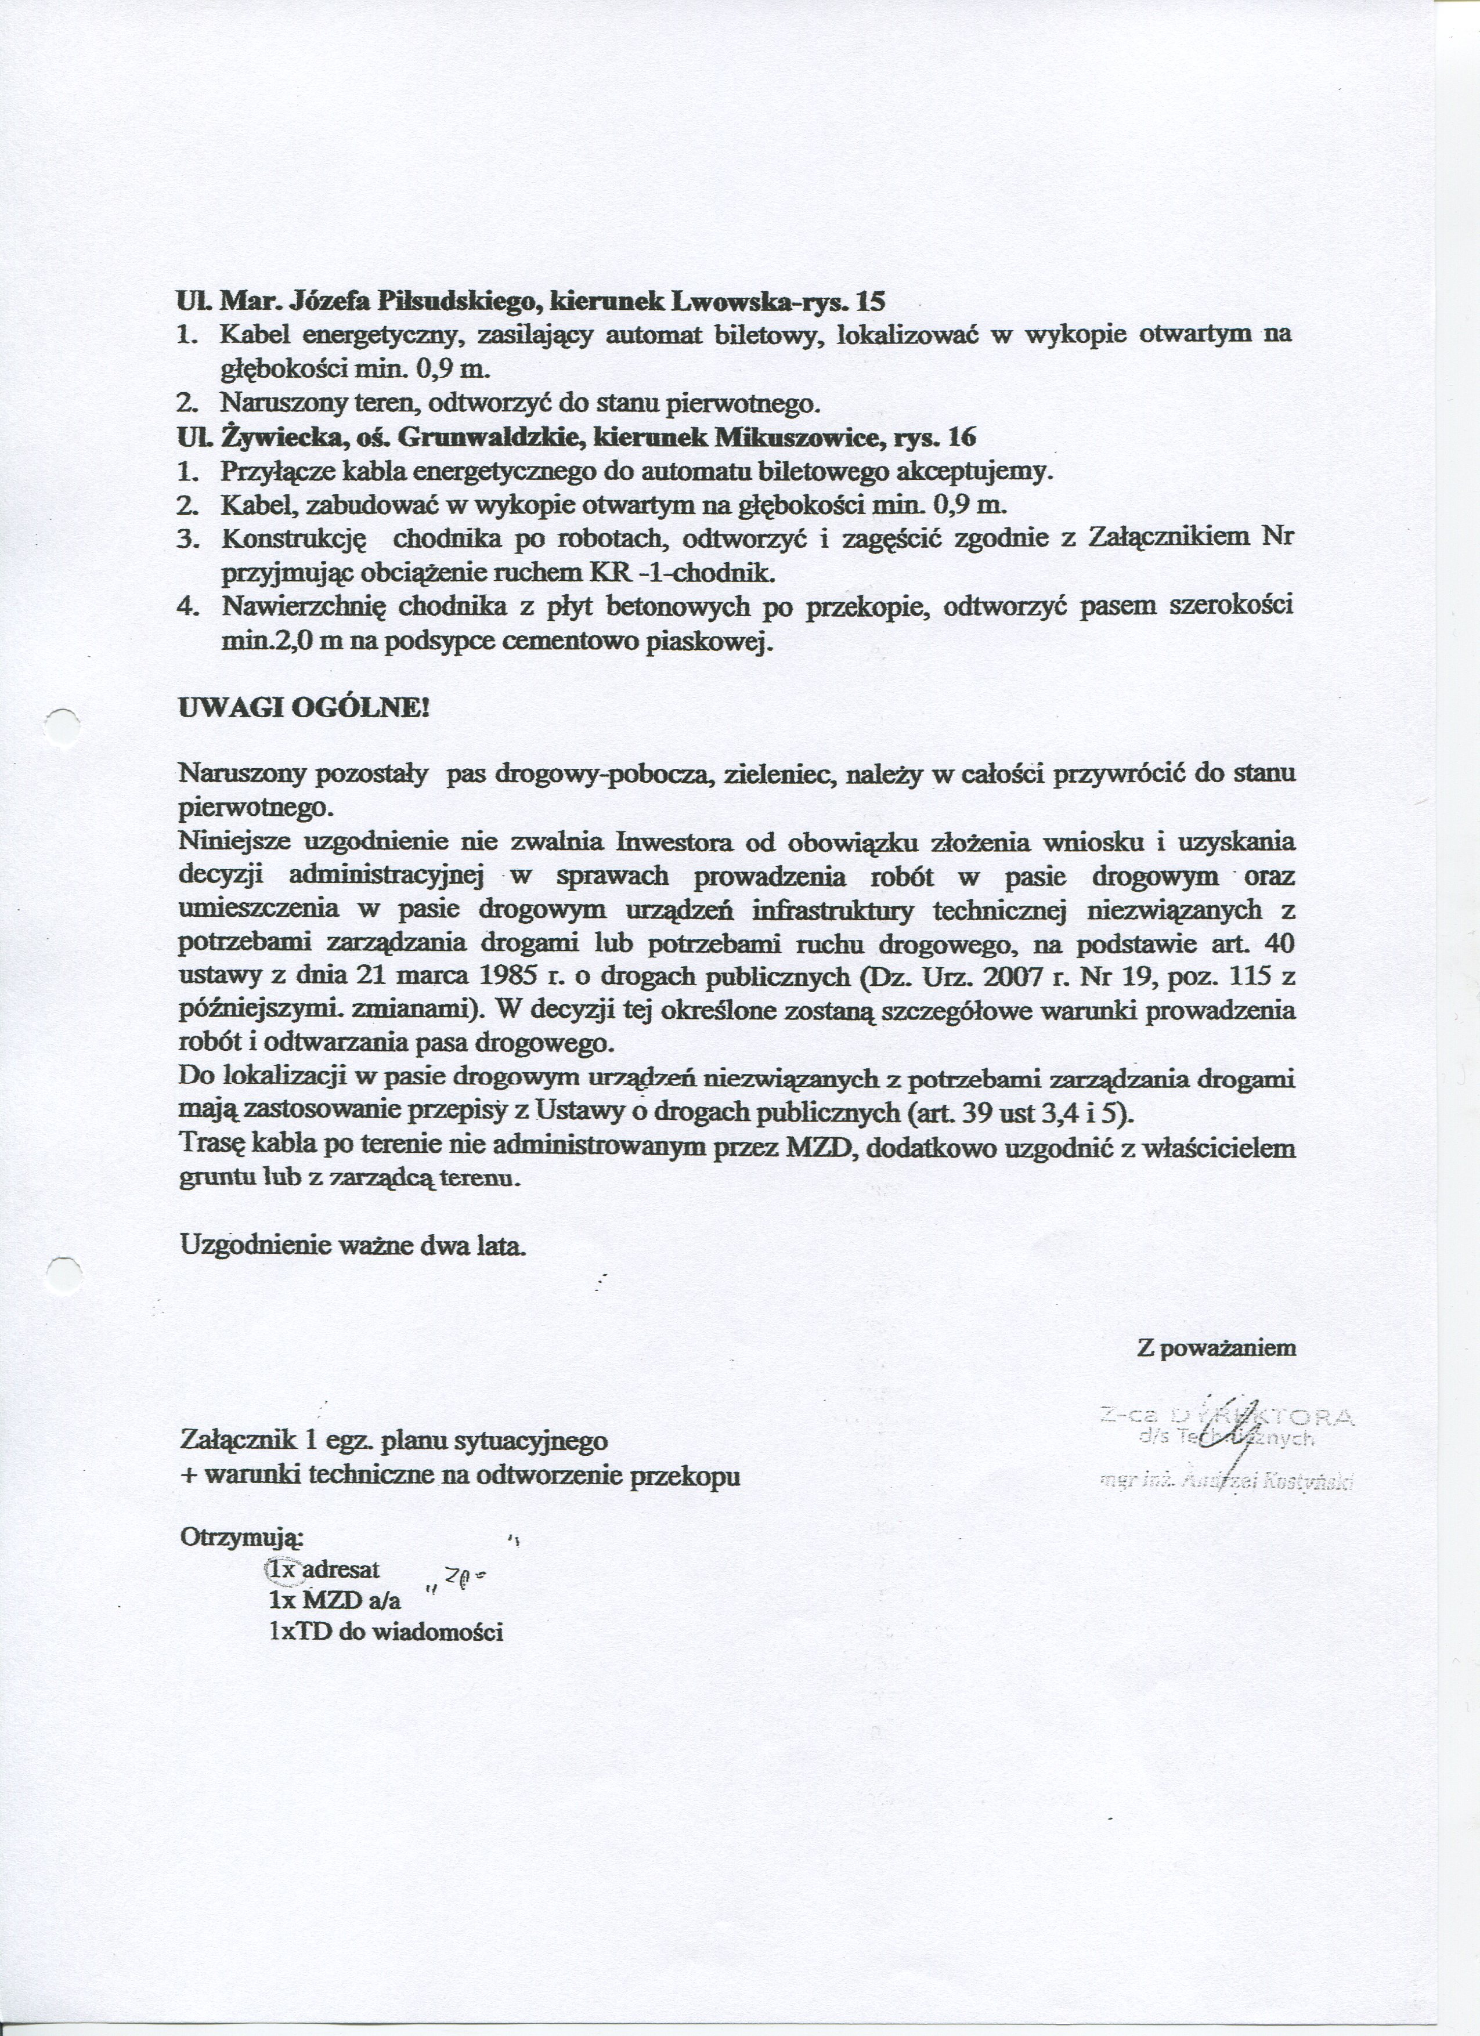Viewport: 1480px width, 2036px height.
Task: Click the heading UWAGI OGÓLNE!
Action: tap(305, 707)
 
